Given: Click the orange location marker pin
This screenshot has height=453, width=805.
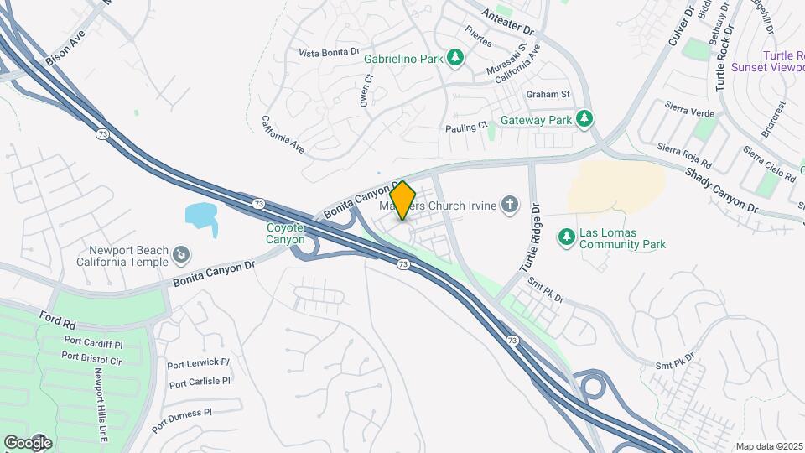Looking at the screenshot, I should click(x=402, y=200).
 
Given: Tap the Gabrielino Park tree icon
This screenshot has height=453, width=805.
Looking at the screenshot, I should click(x=455, y=58).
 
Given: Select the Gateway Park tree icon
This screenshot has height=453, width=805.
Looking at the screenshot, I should click(x=584, y=119).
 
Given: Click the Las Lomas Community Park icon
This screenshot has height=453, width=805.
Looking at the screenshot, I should click(x=567, y=237).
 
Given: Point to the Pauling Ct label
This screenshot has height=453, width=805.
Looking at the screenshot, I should click(x=465, y=127).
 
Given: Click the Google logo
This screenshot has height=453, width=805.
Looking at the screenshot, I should click(x=28, y=442).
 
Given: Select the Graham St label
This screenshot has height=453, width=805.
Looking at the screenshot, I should click(x=548, y=94).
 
